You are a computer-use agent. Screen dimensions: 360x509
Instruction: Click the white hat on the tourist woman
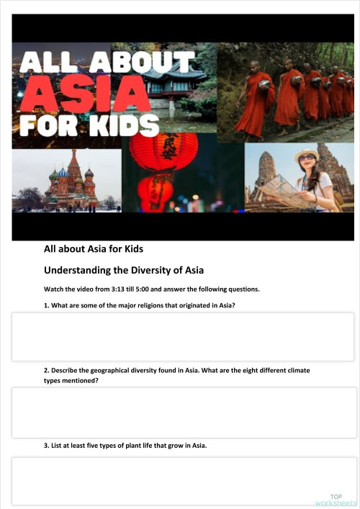[x=307, y=153]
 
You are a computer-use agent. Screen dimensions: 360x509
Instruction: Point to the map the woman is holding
[x=282, y=190]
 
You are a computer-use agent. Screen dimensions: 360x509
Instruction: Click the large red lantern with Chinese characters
[x=164, y=151]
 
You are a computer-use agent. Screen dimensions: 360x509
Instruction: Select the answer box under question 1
[x=183, y=336]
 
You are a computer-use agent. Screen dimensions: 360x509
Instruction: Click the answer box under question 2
[x=184, y=412]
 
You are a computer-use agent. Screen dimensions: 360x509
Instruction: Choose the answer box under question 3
[x=184, y=481]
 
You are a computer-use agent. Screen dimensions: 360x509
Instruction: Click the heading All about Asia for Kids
[x=94, y=250]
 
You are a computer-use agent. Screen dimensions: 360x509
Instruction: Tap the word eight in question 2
[x=246, y=371]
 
